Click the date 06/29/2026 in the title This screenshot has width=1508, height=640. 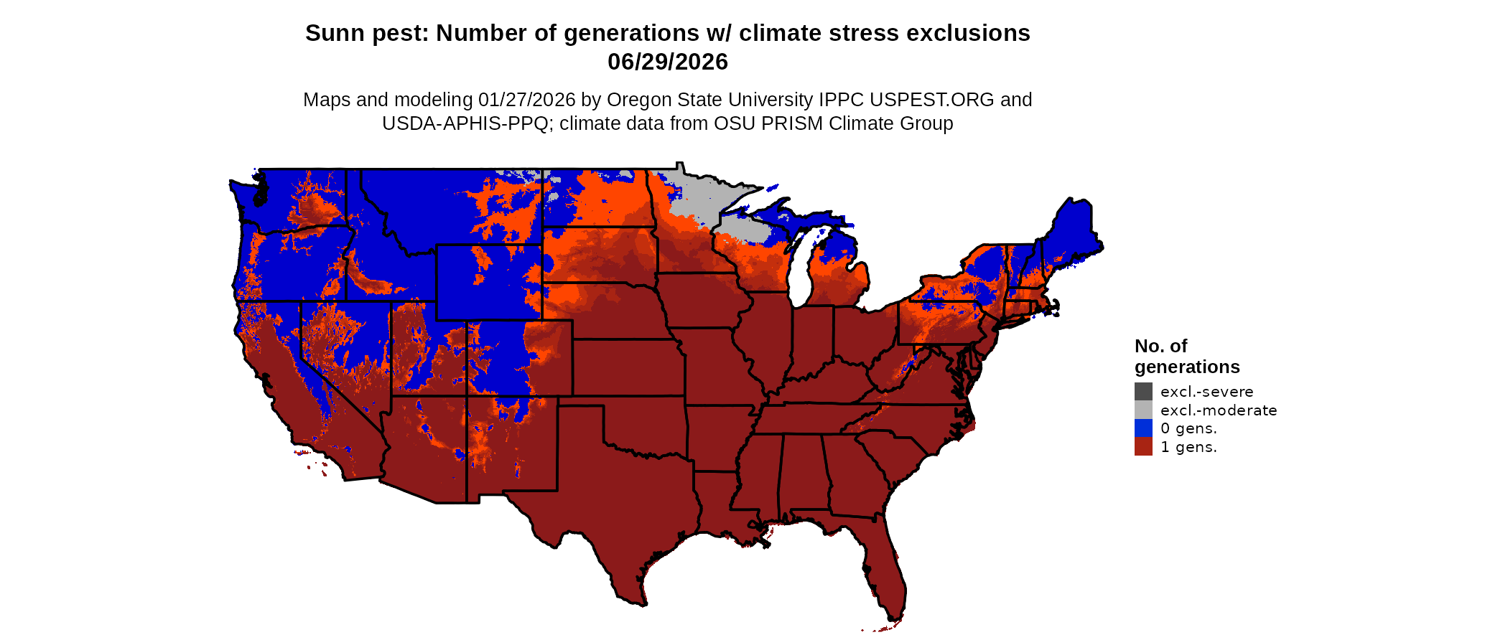click(x=667, y=62)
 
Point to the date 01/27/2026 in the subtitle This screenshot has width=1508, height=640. click(x=526, y=100)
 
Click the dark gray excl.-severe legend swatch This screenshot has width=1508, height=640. click(x=1143, y=392)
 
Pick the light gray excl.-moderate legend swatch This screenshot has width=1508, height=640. click(x=1143, y=410)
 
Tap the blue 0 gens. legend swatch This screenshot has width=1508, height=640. click(x=1143, y=428)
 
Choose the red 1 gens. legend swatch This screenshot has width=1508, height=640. click(x=1143, y=447)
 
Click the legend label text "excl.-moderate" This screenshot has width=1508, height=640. click(x=1219, y=410)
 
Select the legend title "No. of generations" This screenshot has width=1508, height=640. click(x=1186, y=357)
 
